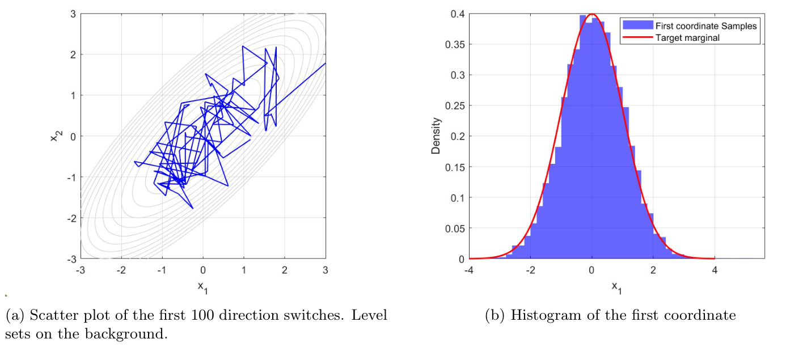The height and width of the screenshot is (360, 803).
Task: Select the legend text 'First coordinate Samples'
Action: point(705,26)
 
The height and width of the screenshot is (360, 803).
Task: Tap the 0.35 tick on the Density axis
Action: point(457,45)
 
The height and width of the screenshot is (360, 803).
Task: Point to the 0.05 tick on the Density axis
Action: point(457,228)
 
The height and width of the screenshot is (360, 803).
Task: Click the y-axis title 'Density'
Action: point(436,136)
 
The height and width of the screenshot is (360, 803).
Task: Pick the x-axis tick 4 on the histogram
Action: point(714,270)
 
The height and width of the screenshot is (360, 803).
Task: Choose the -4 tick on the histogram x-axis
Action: point(468,270)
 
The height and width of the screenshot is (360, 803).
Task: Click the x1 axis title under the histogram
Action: point(616,288)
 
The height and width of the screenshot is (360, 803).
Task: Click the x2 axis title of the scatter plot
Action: point(55,136)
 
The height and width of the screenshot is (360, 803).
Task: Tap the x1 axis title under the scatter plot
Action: point(203,287)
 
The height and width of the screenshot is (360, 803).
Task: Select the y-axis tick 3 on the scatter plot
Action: point(73,14)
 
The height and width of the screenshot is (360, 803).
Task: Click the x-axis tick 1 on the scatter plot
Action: point(244,270)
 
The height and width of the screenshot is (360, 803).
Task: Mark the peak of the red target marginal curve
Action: point(591,14)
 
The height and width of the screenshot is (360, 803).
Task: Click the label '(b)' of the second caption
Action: point(495,316)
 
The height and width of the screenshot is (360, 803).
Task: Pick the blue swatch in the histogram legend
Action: point(637,26)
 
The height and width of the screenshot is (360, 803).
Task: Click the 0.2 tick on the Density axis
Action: point(459,137)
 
